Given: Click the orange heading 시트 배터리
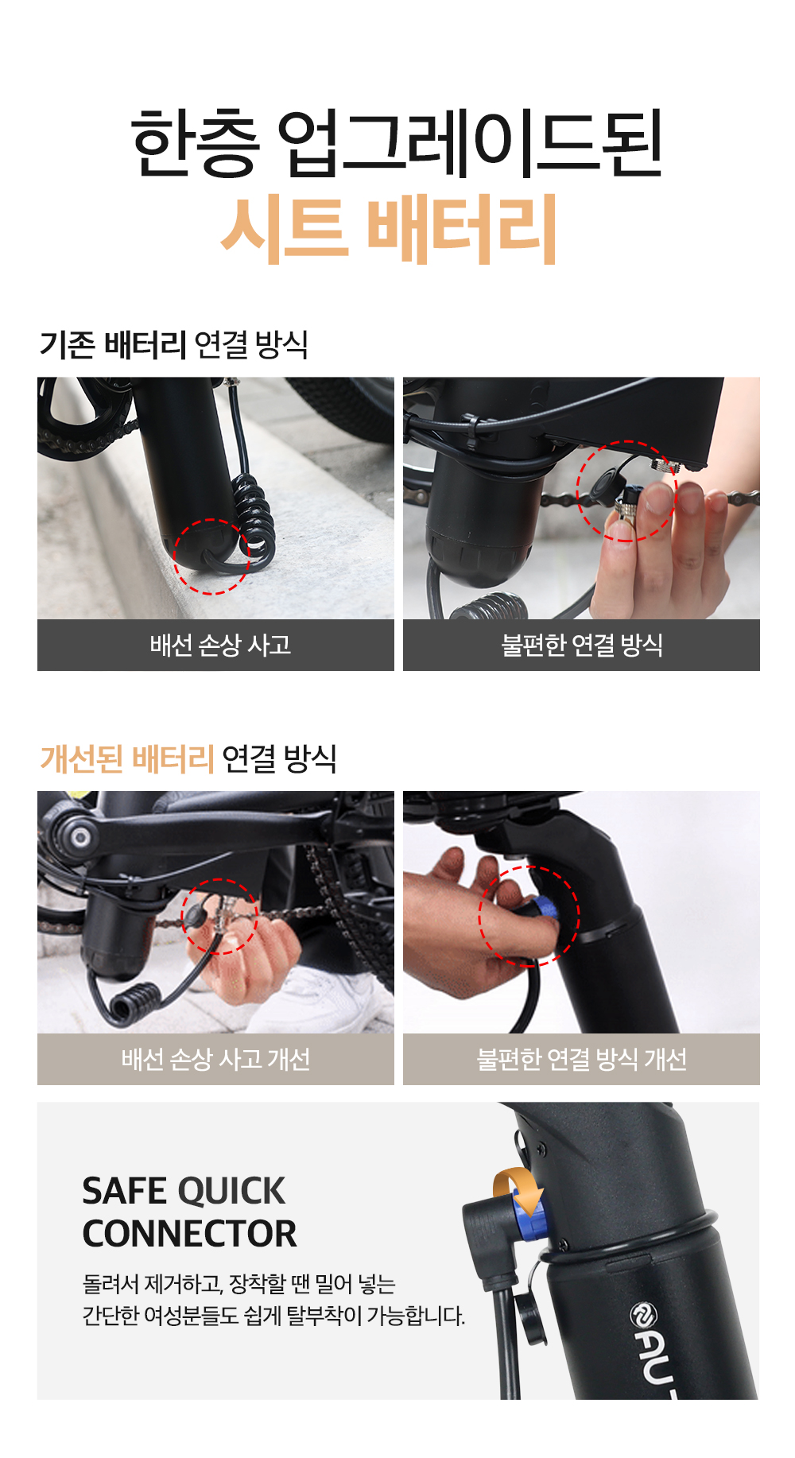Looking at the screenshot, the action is coord(389,230).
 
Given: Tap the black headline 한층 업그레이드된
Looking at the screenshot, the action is coord(397,144).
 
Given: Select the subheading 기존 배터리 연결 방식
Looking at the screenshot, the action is coord(174,344).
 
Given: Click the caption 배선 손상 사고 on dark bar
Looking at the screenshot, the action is coord(220,645).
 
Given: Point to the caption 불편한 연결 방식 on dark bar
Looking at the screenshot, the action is coord(582,645).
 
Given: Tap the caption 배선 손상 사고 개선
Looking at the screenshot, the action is coord(215,1059).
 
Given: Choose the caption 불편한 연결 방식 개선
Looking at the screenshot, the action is coord(582,1059).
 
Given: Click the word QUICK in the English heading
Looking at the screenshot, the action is coord(231,1191).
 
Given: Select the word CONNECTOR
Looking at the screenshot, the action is coord(189,1234).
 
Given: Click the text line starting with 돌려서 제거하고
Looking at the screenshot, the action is coord(239,1284).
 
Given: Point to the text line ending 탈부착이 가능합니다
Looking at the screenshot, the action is coord(273,1316).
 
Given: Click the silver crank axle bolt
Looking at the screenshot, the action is coord(80,837).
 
